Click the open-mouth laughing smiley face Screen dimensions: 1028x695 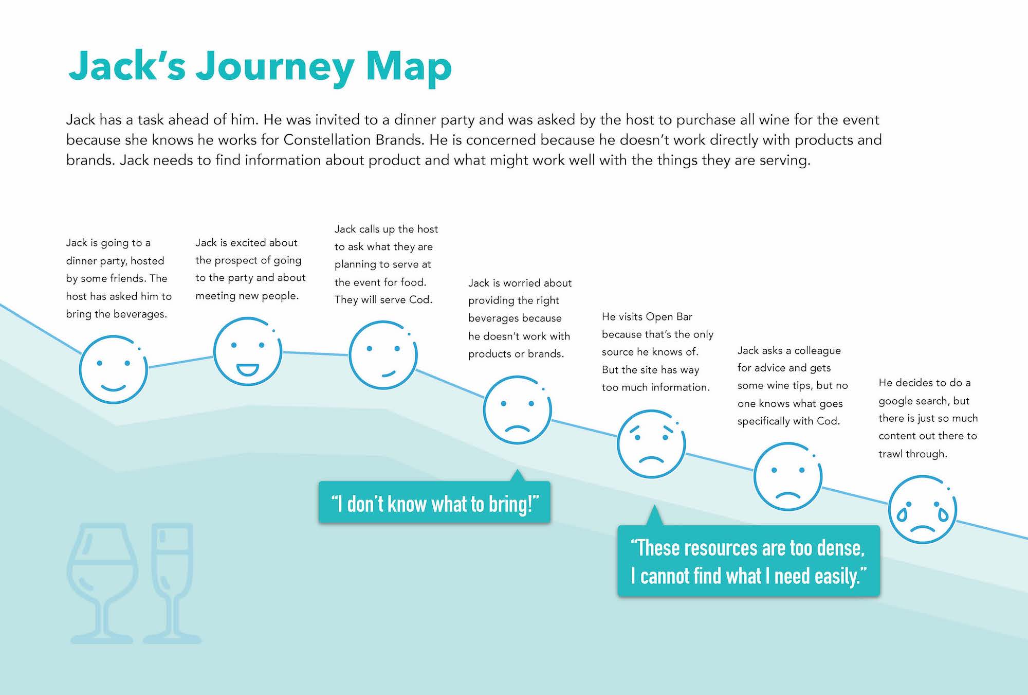click(248, 351)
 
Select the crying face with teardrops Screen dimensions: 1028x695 click(923, 509)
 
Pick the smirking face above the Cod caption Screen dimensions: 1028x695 click(383, 355)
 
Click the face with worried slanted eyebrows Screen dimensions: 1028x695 click(651, 444)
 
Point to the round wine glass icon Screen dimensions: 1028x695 click(103, 583)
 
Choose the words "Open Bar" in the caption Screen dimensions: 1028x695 click(669, 316)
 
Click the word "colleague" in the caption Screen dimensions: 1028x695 click(818, 351)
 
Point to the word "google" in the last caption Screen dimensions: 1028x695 click(895, 401)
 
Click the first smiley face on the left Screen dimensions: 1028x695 click(114, 369)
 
